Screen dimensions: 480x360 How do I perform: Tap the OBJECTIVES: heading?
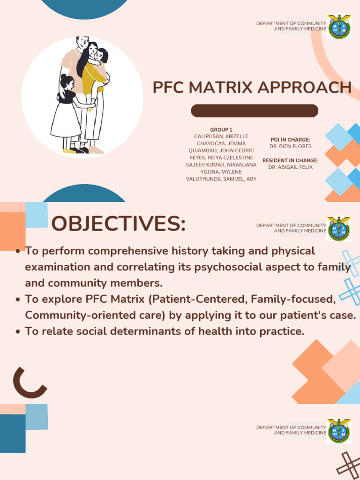click(119, 224)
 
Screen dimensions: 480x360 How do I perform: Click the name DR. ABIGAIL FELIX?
click(290, 167)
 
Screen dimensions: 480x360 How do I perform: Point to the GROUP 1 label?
click(221, 130)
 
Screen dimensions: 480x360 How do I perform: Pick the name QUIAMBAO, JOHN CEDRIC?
click(221, 150)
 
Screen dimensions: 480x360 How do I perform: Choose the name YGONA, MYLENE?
click(221, 172)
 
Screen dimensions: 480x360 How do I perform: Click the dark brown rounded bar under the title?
click(255, 111)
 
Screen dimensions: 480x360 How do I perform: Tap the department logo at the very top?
click(339, 26)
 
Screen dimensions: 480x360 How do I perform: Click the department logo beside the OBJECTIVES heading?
click(339, 228)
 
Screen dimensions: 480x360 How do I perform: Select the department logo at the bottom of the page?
click(339, 430)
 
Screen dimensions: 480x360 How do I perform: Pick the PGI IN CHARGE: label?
click(290, 140)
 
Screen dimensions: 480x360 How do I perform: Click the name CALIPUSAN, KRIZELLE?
click(221, 136)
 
